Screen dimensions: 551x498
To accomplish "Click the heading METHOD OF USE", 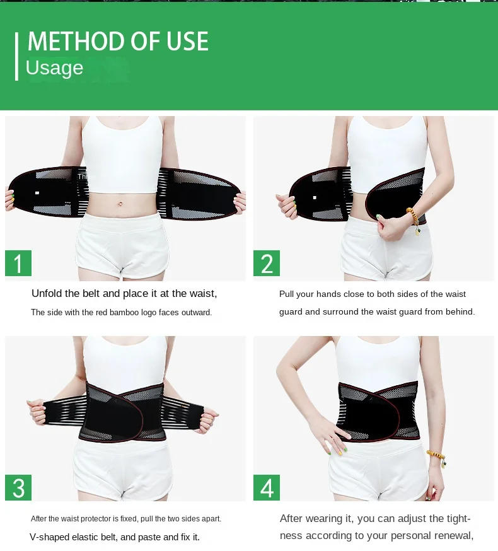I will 118,42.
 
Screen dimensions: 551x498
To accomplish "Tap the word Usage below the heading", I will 54,67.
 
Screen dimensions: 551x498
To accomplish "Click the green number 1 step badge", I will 18,263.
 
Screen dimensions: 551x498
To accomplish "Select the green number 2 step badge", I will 267,263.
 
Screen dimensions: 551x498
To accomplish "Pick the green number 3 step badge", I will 18,487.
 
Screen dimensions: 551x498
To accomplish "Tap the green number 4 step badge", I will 267,487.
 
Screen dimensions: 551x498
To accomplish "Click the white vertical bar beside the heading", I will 16,56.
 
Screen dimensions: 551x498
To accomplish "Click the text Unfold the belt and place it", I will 95,293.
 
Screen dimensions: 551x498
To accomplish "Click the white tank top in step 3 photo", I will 124,359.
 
